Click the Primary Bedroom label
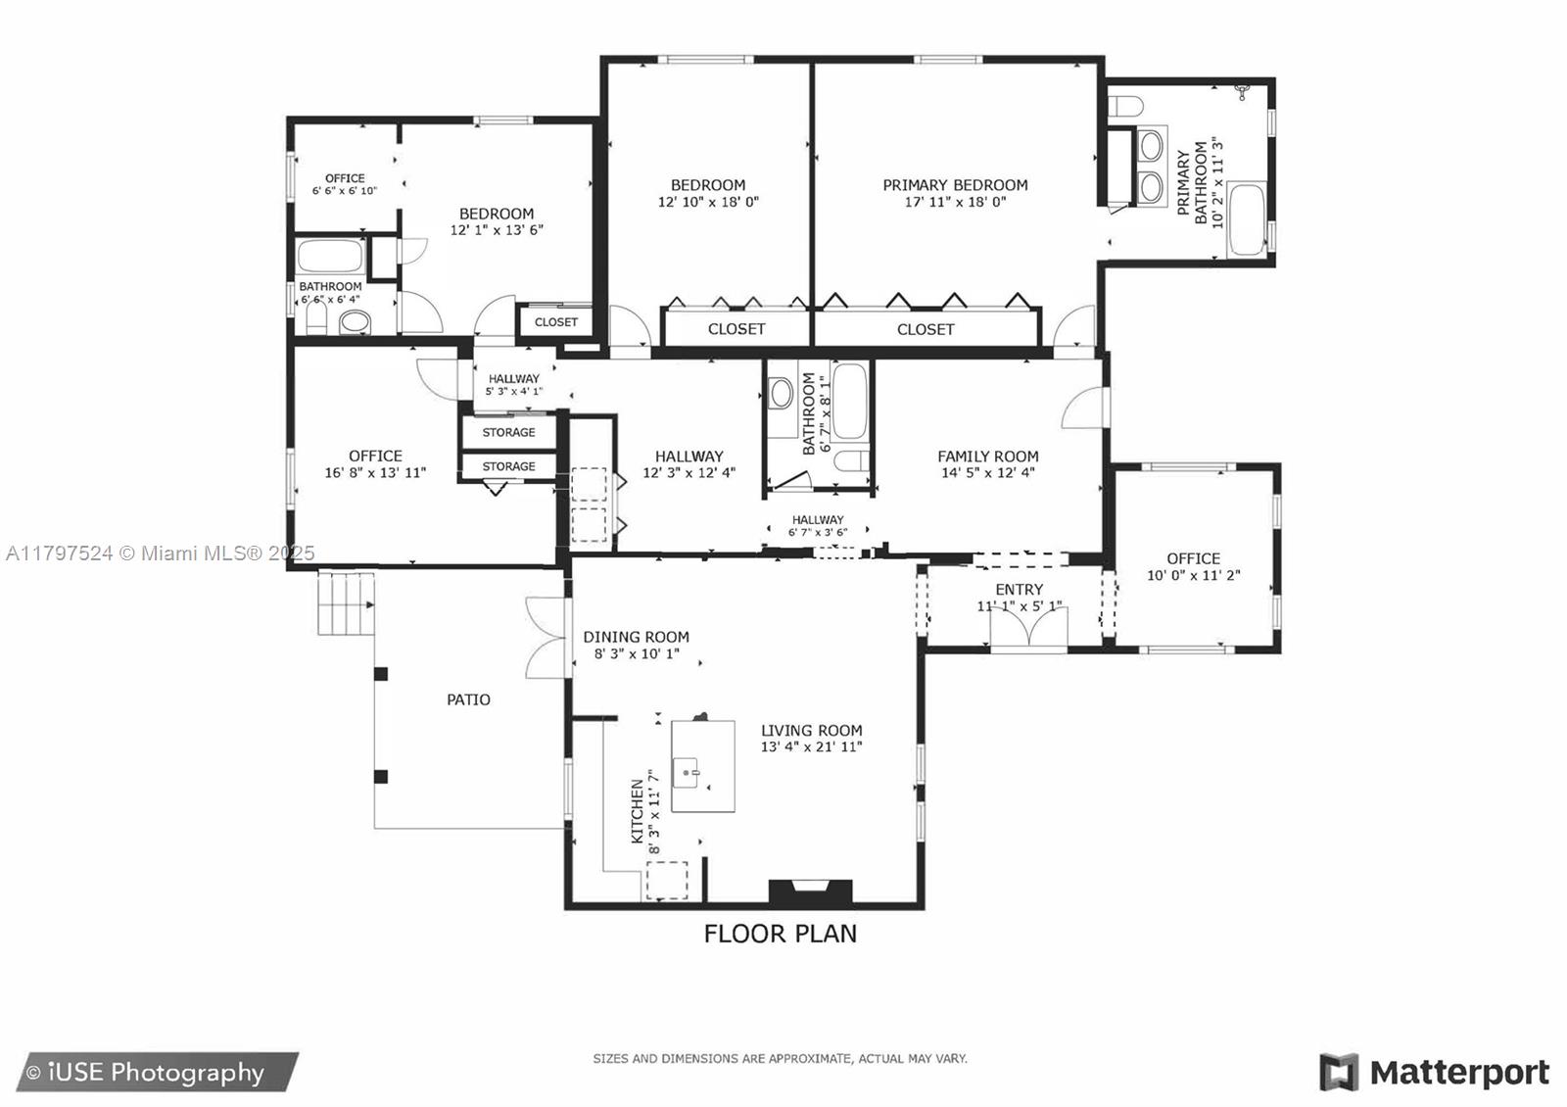pyautogui.click(x=955, y=185)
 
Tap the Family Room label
pyautogui.click(x=987, y=457)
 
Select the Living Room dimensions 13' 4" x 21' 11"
pyautogui.click(x=811, y=747)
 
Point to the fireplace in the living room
pyautogui.click(x=810, y=890)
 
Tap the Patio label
pyautogui.click(x=468, y=699)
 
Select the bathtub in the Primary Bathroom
pyautogui.click(x=1246, y=220)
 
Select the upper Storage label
pyautogui.click(x=508, y=432)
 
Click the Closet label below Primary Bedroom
pyautogui.click(x=925, y=329)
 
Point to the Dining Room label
pyautogui.click(x=636, y=637)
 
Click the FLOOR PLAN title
pyautogui.click(x=780, y=934)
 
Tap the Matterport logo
pyautogui.click(x=1434, y=1073)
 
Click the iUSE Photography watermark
pyautogui.click(x=147, y=1073)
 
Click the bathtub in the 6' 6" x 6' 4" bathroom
pyautogui.click(x=330, y=258)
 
